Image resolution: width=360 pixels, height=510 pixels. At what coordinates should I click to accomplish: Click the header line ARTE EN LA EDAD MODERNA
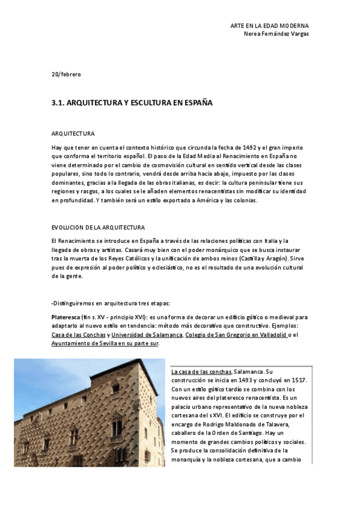click(x=269, y=26)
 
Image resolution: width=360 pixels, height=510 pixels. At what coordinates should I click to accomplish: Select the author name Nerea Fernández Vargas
click(x=276, y=34)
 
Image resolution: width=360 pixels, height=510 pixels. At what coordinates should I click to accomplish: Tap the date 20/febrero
click(x=66, y=74)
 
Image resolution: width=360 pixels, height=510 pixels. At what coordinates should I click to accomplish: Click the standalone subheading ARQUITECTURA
click(x=73, y=133)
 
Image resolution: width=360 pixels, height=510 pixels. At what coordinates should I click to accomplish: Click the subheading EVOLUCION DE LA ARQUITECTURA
click(x=98, y=227)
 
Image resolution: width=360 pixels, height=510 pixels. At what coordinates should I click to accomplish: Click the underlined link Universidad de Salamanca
click(x=147, y=334)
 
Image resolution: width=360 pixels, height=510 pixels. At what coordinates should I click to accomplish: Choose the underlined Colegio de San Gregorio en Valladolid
click(x=236, y=334)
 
